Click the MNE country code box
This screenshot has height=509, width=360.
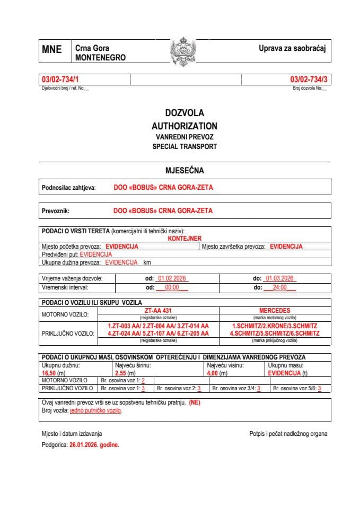point(52,50)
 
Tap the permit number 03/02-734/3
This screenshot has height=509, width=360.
point(309,80)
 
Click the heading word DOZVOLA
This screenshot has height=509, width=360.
point(184,113)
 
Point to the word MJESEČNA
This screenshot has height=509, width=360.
point(185,171)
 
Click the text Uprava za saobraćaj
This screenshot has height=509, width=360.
point(292,48)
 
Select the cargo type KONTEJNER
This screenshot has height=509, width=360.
point(185,239)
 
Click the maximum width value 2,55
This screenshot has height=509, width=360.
point(121,373)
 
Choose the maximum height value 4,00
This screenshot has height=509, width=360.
point(214,373)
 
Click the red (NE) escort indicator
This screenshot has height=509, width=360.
point(195,403)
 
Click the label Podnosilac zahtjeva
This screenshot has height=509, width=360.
point(68,188)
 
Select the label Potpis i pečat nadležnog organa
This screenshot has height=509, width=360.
point(288,434)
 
